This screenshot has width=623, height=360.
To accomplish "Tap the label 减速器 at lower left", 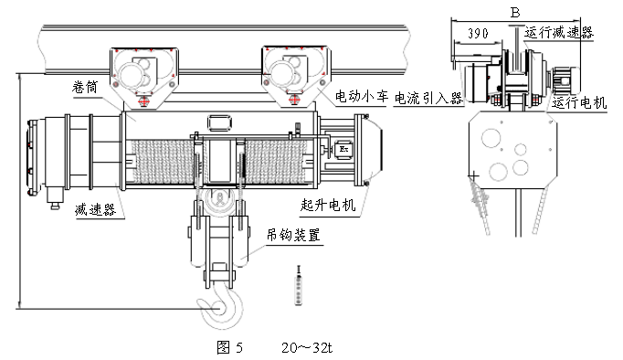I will click(92, 211).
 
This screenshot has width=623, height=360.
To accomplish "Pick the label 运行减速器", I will click(559, 31).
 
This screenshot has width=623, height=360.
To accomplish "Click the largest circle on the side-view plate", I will click(491, 139).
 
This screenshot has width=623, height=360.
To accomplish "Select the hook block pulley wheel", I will click(218, 203).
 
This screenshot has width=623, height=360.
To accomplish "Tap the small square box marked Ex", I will click(344, 147).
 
